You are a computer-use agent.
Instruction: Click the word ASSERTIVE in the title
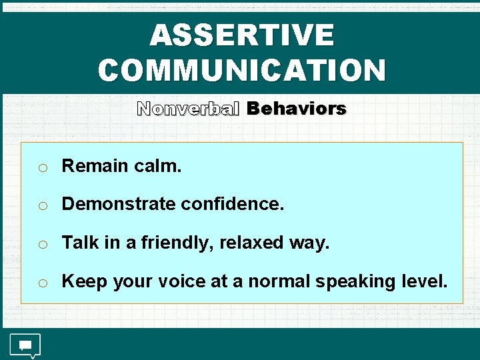pos(241,35)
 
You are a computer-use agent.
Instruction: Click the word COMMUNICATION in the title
pos(241,70)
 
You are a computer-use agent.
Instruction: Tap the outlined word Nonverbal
pos(188,109)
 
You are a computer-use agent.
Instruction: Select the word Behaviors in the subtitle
pos(296,109)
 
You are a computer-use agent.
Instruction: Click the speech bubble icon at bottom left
pos(25,345)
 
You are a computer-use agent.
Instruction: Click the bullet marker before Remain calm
pos(42,168)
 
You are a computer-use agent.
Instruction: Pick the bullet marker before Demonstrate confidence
pos(42,206)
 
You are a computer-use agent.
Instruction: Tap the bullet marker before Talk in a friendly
pos(42,245)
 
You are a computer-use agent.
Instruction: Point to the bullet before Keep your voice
pos(42,283)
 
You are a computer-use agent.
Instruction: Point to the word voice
pos(181,281)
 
